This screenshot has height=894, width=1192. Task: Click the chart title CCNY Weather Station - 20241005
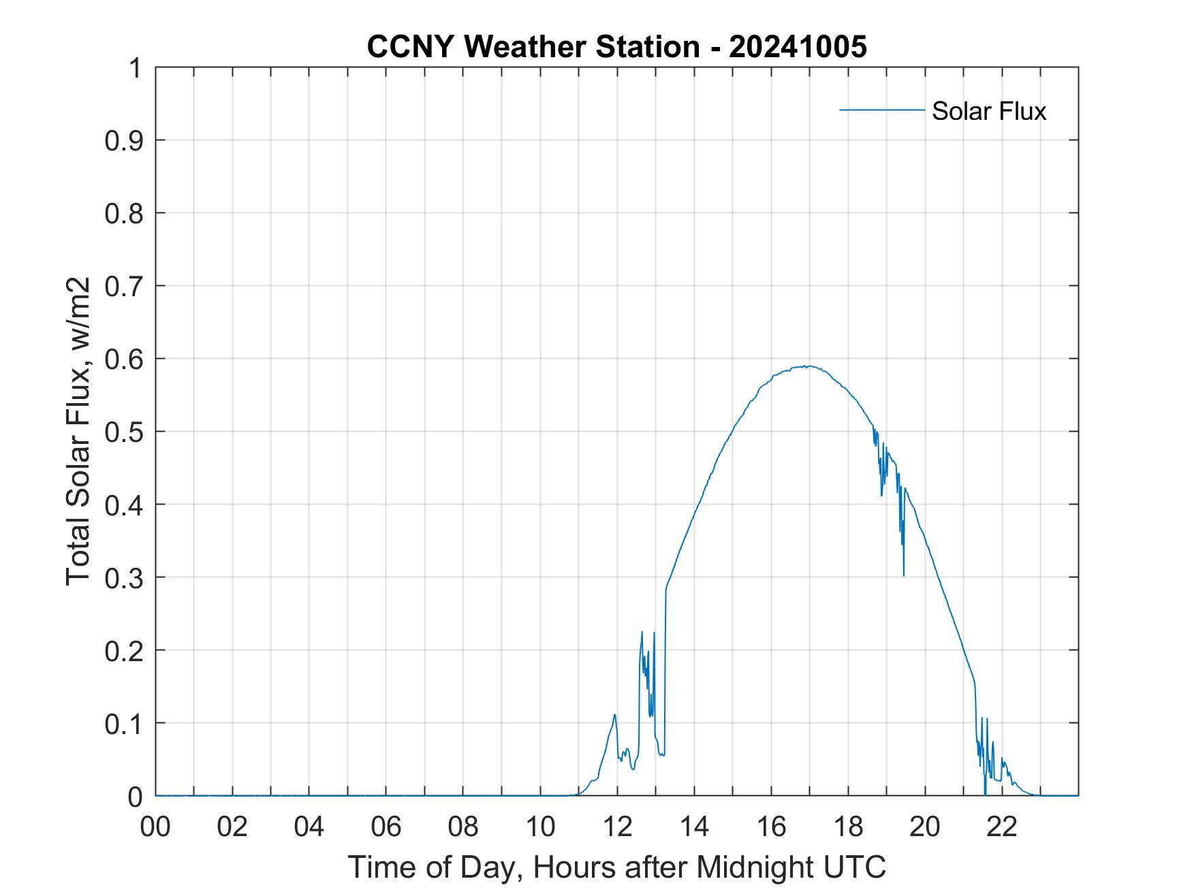[616, 47]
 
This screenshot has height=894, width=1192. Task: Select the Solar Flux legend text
[988, 111]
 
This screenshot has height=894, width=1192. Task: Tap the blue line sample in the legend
[881, 110]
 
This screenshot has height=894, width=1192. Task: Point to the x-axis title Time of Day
[616, 867]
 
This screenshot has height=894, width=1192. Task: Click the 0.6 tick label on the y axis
[125, 359]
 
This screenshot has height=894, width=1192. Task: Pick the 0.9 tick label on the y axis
[125, 140]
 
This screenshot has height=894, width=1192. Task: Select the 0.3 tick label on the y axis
[125, 577]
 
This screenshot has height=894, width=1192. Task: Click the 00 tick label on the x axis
[155, 827]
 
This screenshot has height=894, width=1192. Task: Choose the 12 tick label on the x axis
[617, 827]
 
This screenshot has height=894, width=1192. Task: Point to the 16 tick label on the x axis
[771, 827]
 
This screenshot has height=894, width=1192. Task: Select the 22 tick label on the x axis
[1002, 827]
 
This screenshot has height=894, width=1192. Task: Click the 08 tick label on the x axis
[463, 827]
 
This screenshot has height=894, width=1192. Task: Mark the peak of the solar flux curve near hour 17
[807, 366]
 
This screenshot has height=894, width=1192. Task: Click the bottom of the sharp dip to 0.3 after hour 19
[904, 575]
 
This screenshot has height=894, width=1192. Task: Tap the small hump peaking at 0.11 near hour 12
[614, 714]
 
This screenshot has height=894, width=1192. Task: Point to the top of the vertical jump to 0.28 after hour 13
[666, 588]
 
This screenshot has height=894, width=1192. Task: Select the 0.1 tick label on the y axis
[125, 723]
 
